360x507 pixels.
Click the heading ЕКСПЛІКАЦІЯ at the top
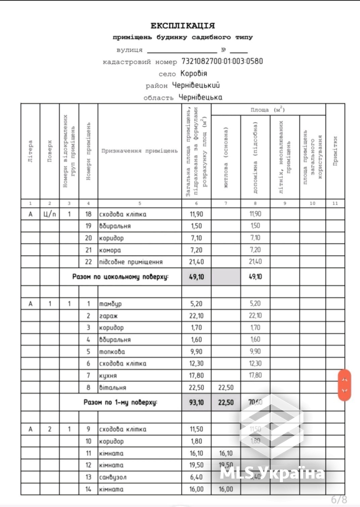pos(183,26)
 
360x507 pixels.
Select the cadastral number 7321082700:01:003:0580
pos(222,61)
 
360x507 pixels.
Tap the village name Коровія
pos(194,74)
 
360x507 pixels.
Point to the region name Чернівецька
pos(199,97)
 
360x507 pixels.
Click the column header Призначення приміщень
pos(139,151)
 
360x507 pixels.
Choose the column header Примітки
pos(335,151)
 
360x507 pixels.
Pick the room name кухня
pos(109,375)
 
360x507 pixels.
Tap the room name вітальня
pos(113,387)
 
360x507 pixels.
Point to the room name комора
pos(111,250)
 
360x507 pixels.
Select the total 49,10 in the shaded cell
pos(196,277)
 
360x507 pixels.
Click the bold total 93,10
pos(196,402)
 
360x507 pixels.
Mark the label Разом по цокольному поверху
pos(120,277)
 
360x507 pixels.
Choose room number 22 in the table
pos(88,262)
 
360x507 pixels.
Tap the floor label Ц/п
pos(50,214)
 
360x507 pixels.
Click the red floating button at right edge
pos(345,385)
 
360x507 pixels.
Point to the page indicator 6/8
pos(339,499)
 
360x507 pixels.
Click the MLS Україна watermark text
pos(272,474)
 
